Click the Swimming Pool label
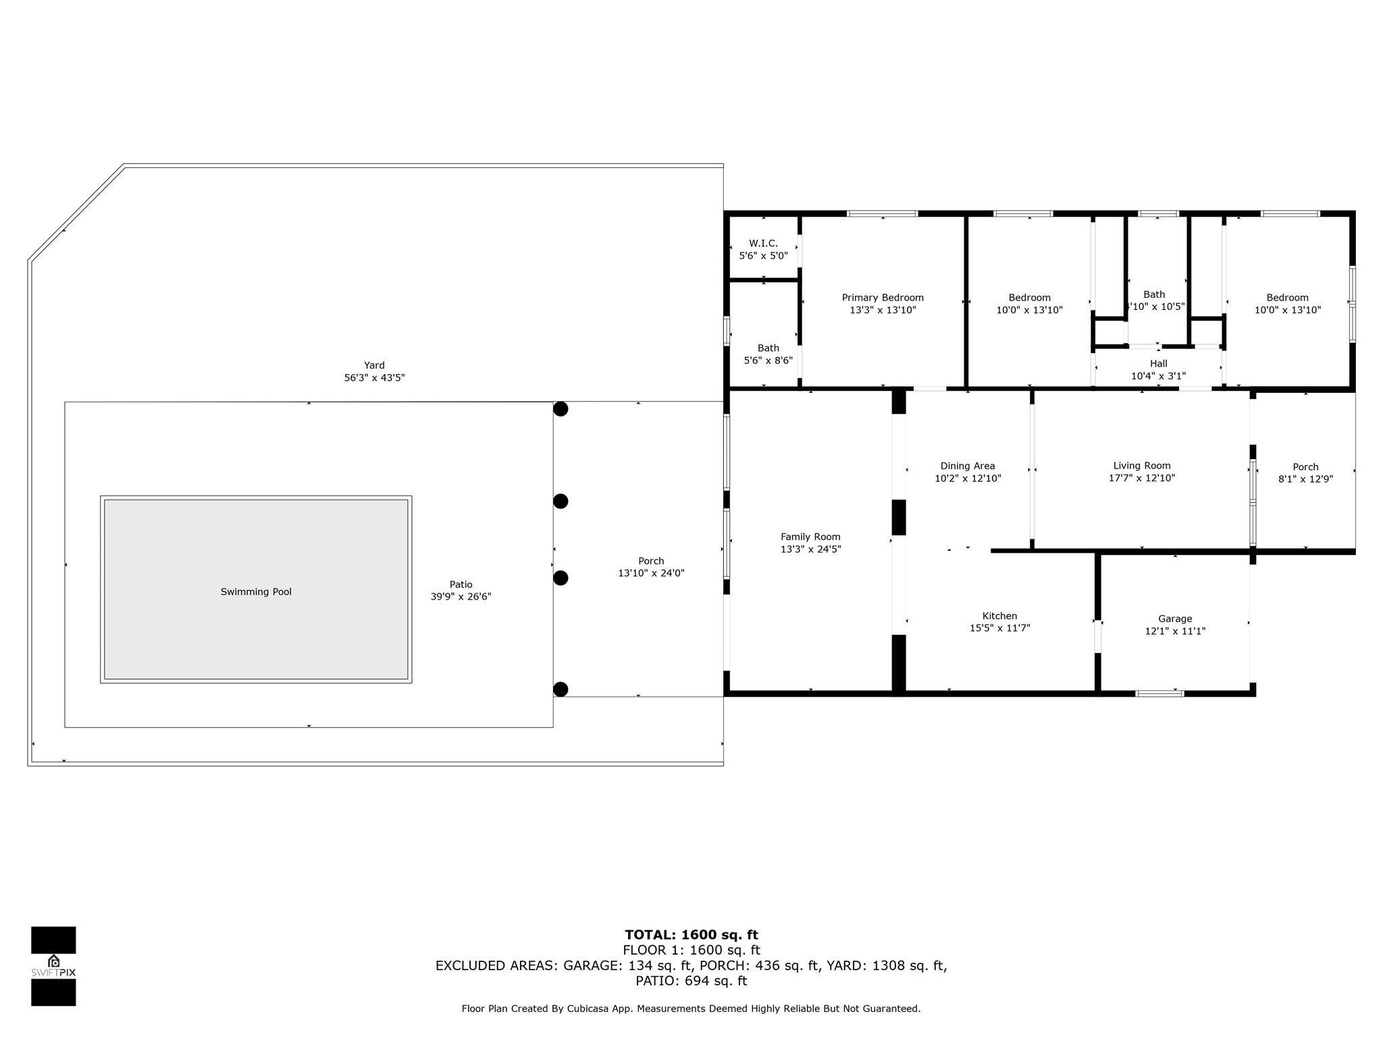(256, 592)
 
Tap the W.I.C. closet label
(763, 244)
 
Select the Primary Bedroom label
(883, 298)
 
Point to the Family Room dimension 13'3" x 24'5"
(810, 550)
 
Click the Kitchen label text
(999, 616)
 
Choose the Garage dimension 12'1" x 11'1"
(1175, 631)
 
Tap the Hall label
(1159, 363)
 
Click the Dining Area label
(968, 466)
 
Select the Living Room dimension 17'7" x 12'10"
(1142, 478)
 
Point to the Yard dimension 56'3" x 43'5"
(374, 378)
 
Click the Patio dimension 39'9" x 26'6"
(461, 597)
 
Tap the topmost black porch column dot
(560, 409)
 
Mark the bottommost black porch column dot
(560, 689)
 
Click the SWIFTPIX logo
(53, 966)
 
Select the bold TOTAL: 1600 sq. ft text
(691, 935)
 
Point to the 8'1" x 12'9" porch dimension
(1305, 479)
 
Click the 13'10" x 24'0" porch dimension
(651, 573)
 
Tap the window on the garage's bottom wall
(1159, 693)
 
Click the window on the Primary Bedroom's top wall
(882, 214)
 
